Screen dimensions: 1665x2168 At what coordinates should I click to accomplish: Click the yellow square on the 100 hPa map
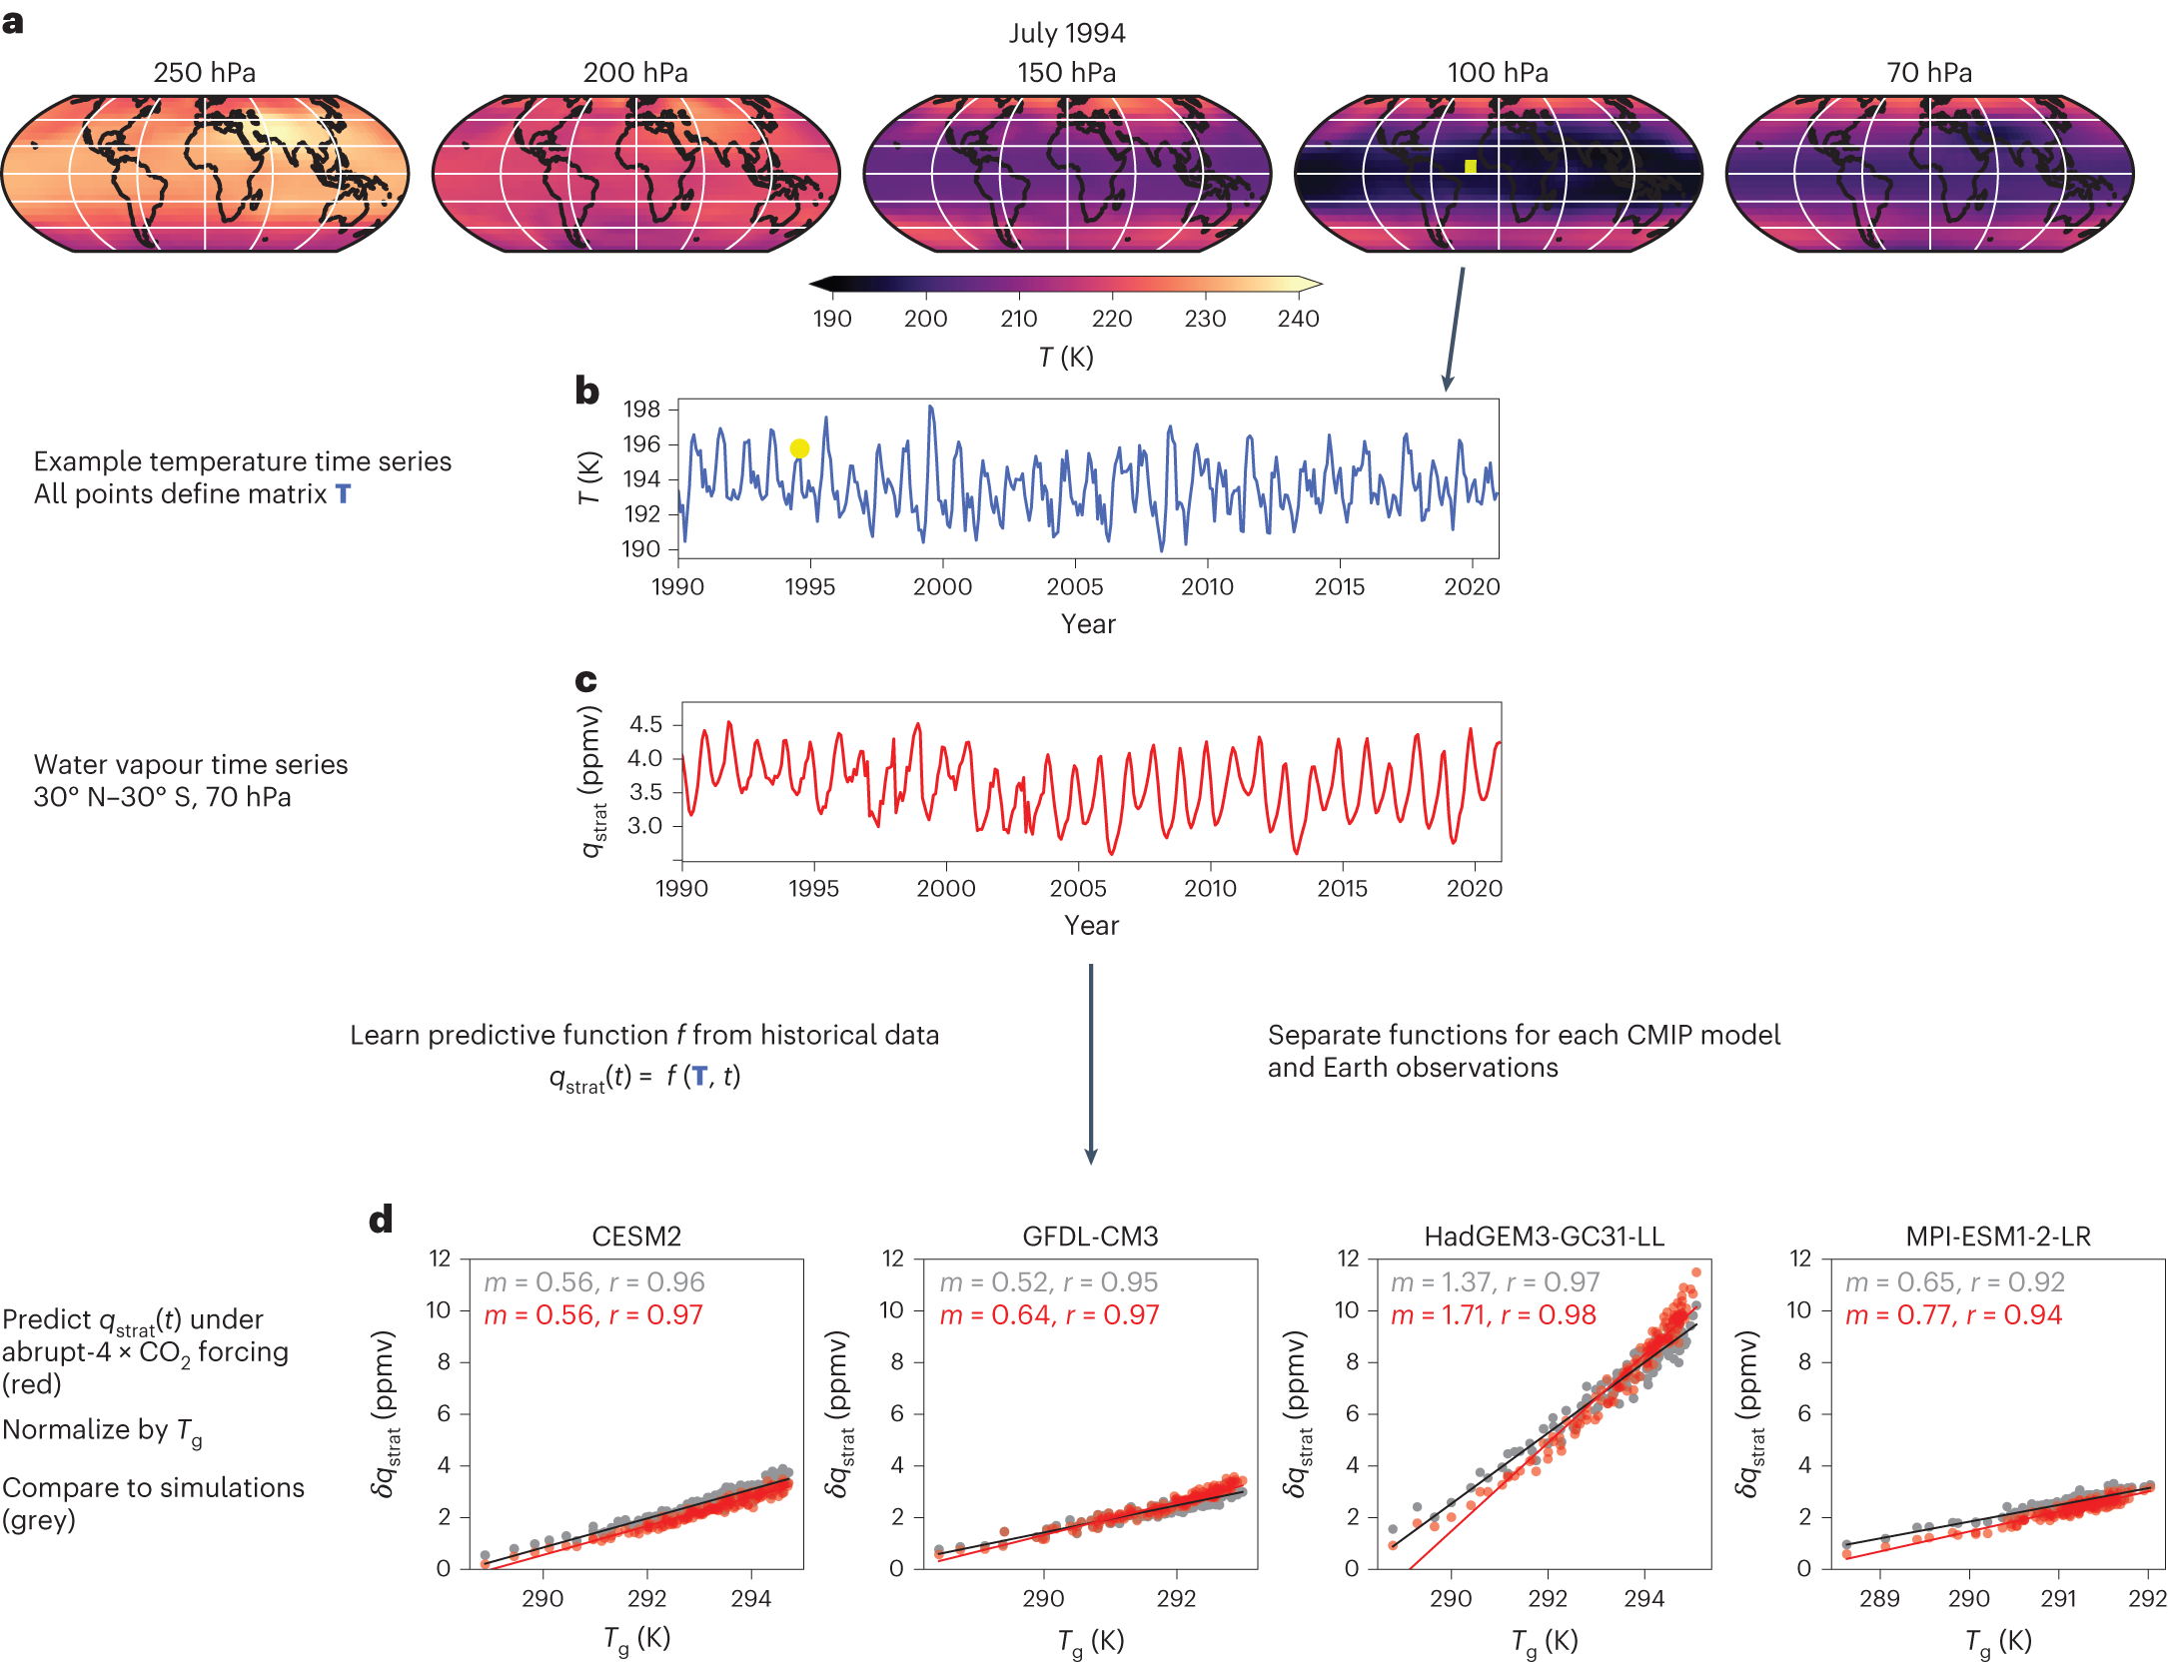(1470, 167)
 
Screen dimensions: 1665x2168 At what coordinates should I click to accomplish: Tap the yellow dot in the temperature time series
(799, 448)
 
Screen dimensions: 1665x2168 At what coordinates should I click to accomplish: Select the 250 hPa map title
(204, 73)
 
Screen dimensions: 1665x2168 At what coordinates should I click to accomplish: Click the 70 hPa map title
(1928, 73)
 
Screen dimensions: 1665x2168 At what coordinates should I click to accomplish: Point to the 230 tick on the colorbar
(1205, 319)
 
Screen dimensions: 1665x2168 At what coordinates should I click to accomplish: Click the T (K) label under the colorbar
(1066, 357)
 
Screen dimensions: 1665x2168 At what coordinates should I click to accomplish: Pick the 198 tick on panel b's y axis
(641, 409)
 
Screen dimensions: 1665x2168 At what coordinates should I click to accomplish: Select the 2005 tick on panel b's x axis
(1074, 587)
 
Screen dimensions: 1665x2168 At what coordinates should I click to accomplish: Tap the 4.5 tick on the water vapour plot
(645, 724)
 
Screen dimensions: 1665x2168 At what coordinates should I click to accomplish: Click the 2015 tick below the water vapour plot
(1342, 889)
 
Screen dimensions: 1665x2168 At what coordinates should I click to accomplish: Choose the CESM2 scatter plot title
(636, 1237)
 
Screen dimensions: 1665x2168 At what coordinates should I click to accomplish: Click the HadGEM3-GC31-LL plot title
(1544, 1237)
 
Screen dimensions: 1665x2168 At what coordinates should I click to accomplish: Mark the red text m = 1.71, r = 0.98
(1493, 1315)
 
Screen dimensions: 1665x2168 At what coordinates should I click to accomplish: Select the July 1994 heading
(1066, 33)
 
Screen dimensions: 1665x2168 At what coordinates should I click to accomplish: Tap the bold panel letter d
(381, 1220)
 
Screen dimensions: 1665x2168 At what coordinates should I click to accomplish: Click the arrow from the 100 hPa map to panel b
(1455, 329)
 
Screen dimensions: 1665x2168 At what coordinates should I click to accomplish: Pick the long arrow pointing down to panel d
(1091, 1064)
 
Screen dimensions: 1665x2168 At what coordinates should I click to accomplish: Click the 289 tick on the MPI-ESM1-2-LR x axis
(1878, 1599)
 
